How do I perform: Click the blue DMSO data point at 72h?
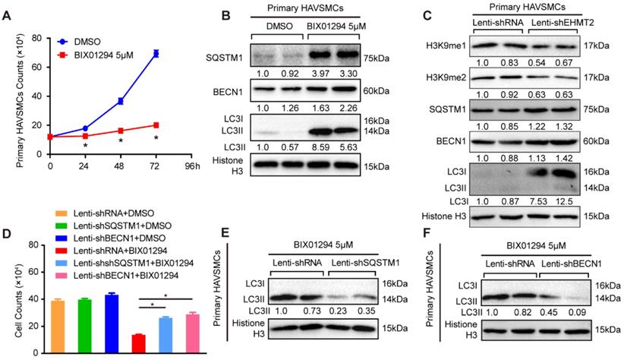click(155, 53)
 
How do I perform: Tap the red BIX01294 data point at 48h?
click(120, 130)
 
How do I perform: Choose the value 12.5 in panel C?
click(563, 199)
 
